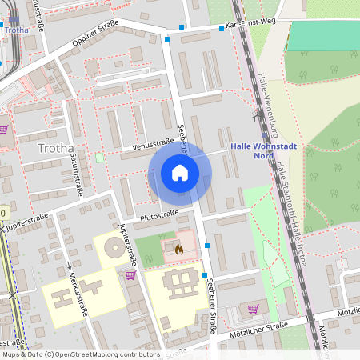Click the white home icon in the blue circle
click(180, 172)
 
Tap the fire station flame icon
click(178, 250)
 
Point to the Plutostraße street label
click(158, 214)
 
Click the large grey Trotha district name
click(55, 148)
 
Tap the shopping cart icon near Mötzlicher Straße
click(254, 308)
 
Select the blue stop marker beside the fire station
click(206, 245)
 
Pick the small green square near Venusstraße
click(99, 158)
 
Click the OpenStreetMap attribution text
click(70, 354)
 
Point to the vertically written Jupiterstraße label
click(126, 244)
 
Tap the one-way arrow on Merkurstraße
click(70, 267)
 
